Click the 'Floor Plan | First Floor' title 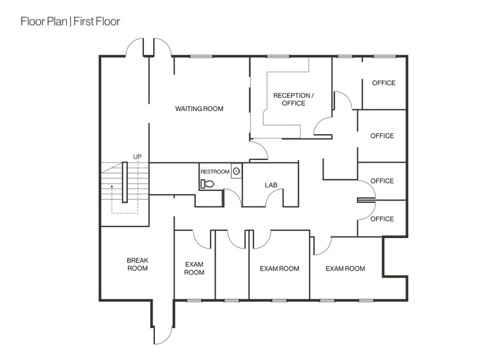[x=70, y=22]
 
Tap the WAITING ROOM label [x=199, y=109]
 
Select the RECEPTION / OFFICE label [x=293, y=99]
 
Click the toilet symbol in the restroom [x=207, y=182]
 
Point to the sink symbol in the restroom [x=237, y=172]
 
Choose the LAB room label [x=271, y=184]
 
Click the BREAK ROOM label [x=137, y=264]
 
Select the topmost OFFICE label [x=383, y=83]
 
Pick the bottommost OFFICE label [x=382, y=219]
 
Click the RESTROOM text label [x=216, y=172]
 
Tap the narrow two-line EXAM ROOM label [x=194, y=268]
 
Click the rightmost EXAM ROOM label [x=345, y=268]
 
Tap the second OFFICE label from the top [x=382, y=136]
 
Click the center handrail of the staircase [x=124, y=182]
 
